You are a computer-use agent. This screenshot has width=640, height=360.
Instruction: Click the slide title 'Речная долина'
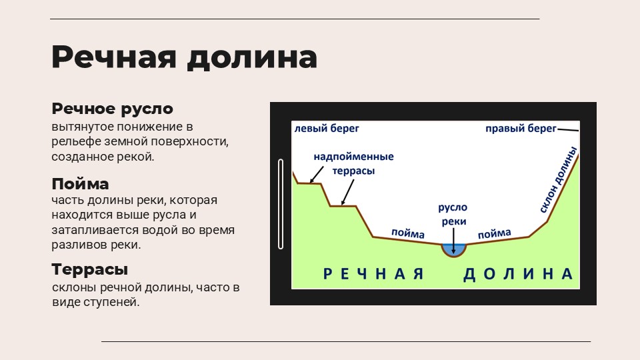(x=184, y=57)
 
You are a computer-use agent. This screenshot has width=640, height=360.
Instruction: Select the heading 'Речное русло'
(x=112, y=109)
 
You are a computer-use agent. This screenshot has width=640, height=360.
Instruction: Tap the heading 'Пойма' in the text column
(x=80, y=184)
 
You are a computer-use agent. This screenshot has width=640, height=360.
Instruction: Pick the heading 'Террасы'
(x=90, y=269)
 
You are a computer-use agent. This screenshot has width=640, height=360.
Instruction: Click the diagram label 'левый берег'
(x=327, y=128)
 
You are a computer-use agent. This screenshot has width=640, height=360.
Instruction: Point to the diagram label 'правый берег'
(x=521, y=129)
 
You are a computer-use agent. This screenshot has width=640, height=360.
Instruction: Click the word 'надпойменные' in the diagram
(x=353, y=156)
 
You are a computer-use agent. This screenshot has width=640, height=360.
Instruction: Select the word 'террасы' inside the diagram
(x=353, y=171)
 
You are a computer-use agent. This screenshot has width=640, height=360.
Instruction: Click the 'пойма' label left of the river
(x=408, y=233)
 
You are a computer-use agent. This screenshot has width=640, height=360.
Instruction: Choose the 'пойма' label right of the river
(x=494, y=233)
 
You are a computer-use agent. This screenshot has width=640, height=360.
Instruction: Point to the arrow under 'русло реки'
(x=453, y=241)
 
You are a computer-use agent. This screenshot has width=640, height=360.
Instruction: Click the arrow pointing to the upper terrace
(x=316, y=175)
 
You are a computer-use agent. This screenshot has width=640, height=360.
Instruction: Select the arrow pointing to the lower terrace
(x=347, y=193)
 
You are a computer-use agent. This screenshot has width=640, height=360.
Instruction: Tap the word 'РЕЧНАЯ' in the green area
(x=373, y=274)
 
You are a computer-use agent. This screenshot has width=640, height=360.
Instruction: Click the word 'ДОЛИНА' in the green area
(x=518, y=274)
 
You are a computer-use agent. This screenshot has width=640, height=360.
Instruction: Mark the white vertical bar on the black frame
(x=281, y=204)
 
